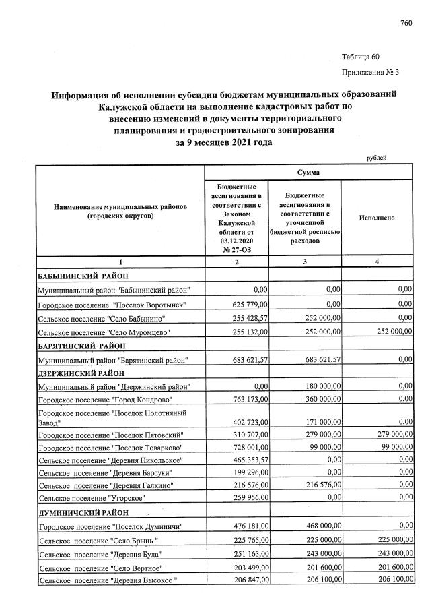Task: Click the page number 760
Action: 405,24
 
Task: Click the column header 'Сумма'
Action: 308,173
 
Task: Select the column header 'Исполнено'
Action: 377,218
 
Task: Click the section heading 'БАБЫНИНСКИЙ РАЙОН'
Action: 82,276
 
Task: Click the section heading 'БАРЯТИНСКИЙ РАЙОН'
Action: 81,346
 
